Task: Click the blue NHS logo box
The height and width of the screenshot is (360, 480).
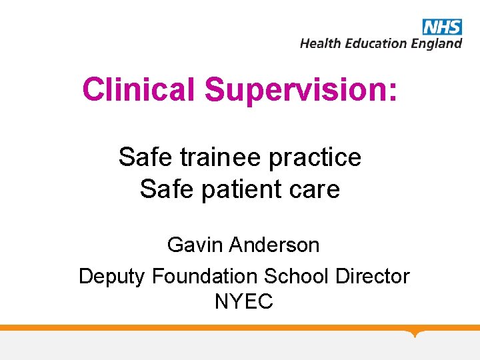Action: [x=442, y=27]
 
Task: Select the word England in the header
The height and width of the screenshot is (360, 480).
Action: [x=436, y=44]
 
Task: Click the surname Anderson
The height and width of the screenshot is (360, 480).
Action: [x=275, y=245]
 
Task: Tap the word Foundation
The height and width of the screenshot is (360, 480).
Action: [x=205, y=275]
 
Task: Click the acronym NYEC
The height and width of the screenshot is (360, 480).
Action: [x=244, y=302]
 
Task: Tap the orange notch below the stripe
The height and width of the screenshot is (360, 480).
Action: [x=416, y=333]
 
